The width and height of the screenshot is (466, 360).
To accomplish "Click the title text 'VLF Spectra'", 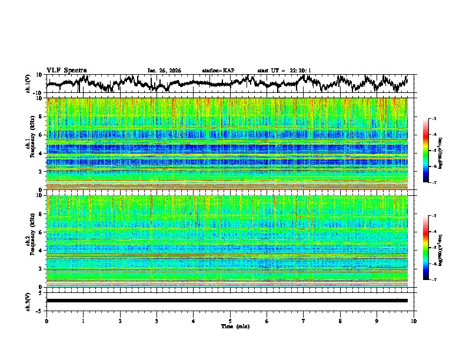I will click(x=66, y=70).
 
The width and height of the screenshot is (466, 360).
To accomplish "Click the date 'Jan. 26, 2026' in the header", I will click(x=164, y=71).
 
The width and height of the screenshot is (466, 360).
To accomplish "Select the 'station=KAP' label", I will click(x=218, y=71).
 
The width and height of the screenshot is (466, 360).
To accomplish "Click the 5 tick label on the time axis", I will click(x=230, y=321).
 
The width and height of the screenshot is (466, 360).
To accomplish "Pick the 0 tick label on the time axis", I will click(x=46, y=321).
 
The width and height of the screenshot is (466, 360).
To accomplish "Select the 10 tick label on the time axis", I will click(x=414, y=321).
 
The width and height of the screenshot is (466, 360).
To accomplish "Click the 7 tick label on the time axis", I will click(x=304, y=321).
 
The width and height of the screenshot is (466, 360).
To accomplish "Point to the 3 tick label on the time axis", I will click(x=157, y=321).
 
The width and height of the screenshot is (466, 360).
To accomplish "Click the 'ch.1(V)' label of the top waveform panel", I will click(x=28, y=84).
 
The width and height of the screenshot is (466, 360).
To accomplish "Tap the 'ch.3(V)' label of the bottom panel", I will click(x=28, y=301).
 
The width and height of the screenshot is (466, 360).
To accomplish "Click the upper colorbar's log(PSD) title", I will click(x=448, y=151).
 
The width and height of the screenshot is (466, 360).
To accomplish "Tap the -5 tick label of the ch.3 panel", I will click(x=40, y=310).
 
